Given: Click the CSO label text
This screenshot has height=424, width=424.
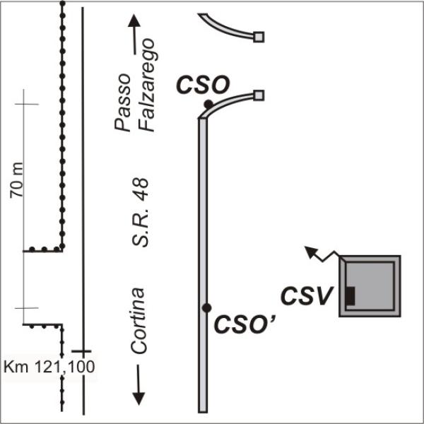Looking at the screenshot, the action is coord(202,86).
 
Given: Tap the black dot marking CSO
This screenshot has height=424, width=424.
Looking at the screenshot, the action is coord(208,105).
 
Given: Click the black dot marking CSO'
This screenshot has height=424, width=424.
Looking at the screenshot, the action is coord(206,307).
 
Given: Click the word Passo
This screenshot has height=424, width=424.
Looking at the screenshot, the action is coord(123,101).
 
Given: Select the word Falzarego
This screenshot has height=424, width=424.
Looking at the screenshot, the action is coord(146,86).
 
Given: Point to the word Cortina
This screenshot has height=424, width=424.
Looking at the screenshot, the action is coord(139,320).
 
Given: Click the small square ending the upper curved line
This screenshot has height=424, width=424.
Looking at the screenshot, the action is coord(259,36).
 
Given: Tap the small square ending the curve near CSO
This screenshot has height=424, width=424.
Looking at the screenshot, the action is coord(259,95).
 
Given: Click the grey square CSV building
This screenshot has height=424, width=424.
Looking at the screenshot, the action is coord(370,285).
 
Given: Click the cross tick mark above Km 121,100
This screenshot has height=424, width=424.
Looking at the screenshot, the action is coord(83,351).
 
